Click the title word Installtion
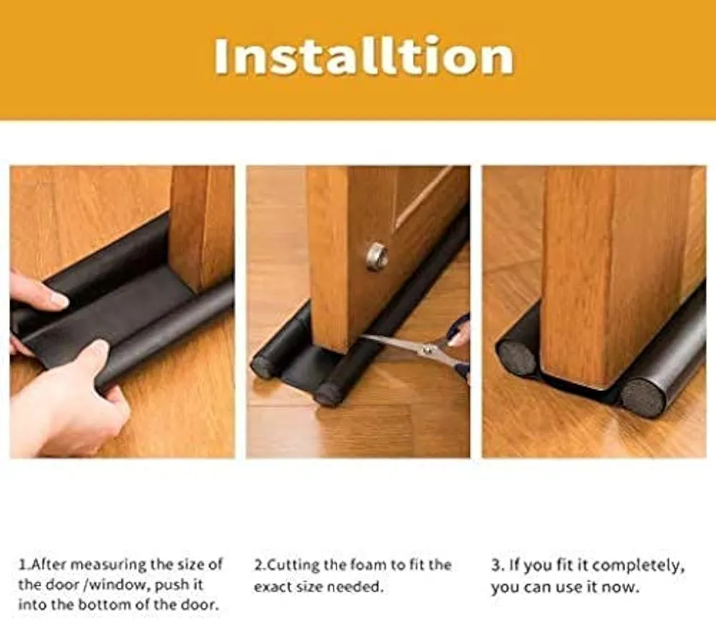pos(364,57)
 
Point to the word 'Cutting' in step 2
pos(293,565)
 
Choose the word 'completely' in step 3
pos(637,566)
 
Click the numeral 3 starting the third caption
pos(495,566)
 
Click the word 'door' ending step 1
pos(202,605)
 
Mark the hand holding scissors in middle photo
pos(459,334)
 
